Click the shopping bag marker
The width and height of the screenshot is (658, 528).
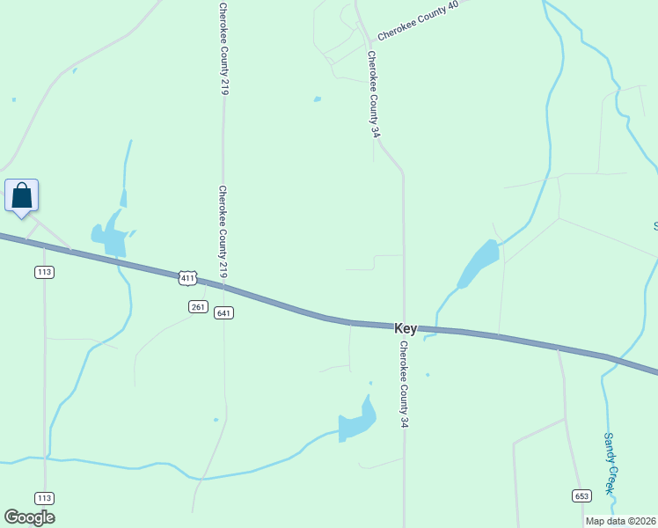pyautogui.click(x=22, y=196)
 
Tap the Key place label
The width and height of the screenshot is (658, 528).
pyautogui.click(x=406, y=328)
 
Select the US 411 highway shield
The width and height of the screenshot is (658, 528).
pyautogui.click(x=186, y=278)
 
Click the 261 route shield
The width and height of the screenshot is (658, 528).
pyautogui.click(x=198, y=306)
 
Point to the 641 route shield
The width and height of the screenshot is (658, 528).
pyautogui.click(x=223, y=313)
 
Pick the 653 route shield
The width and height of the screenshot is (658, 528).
pyautogui.click(x=581, y=496)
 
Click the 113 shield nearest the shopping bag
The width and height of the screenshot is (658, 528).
pyautogui.click(x=45, y=272)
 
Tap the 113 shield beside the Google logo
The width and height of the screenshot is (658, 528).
pyautogui.click(x=45, y=497)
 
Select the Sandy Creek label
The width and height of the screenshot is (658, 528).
pyautogui.click(x=610, y=463)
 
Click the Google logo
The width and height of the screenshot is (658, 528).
pyautogui.click(x=29, y=517)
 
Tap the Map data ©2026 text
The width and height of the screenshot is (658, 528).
pyautogui.click(x=621, y=521)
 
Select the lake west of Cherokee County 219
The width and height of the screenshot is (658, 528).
pyautogui.click(x=108, y=236)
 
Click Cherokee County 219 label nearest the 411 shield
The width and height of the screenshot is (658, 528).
pyautogui.click(x=223, y=231)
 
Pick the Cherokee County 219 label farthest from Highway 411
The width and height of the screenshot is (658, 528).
pyautogui.click(x=223, y=48)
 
